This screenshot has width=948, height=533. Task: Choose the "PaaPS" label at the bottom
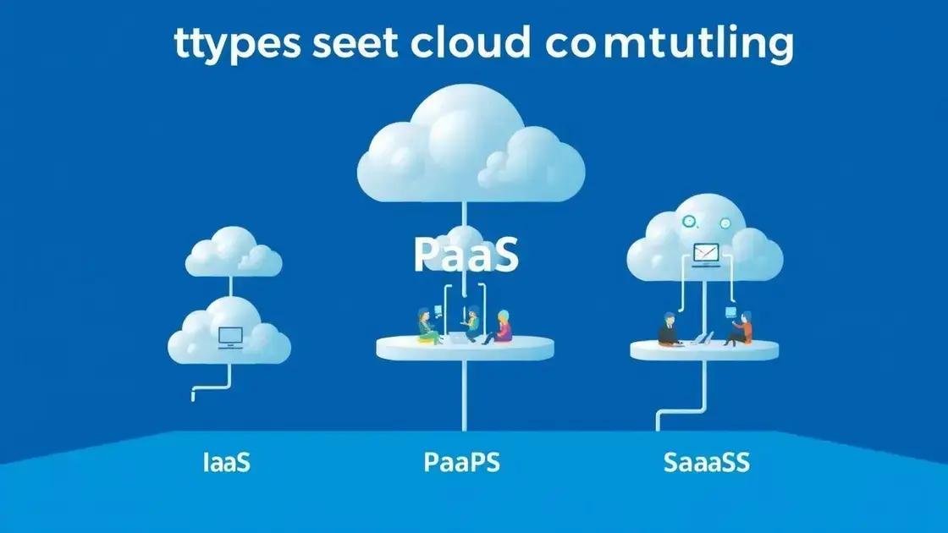pos(462,463)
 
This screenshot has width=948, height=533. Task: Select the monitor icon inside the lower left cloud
pos(230,337)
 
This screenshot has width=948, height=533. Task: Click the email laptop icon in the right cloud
pos(706,251)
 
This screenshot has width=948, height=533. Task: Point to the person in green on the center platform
pos(426,327)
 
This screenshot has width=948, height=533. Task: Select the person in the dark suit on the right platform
pos(670,329)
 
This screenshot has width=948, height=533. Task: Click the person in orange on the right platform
pos(741,328)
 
